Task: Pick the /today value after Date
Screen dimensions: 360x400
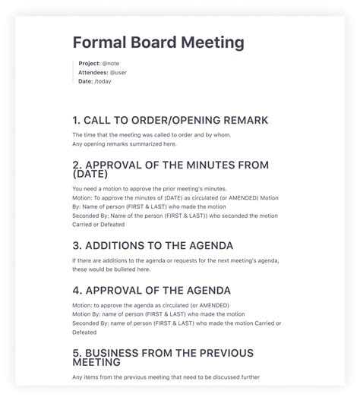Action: pyautogui.click(x=103, y=81)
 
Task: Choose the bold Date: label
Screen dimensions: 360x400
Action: pyautogui.click(x=85, y=81)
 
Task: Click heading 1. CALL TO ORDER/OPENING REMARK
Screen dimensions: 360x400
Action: pyautogui.click(x=170, y=120)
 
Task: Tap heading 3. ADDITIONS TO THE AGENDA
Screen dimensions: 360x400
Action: pyautogui.click(x=153, y=245)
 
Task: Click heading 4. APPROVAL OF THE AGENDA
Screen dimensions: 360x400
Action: pyautogui.click(x=152, y=290)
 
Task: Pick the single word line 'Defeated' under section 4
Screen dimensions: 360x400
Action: pyautogui.click(x=86, y=332)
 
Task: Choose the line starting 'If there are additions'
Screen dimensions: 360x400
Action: pyautogui.click(x=175, y=261)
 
